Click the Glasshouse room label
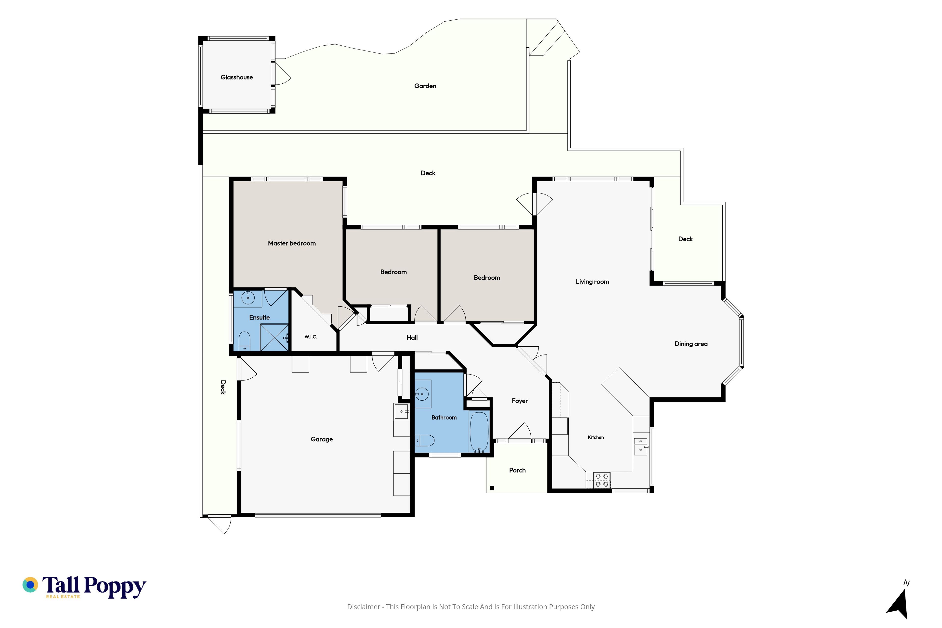[x=237, y=77]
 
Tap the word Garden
[x=425, y=86]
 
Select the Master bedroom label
[x=292, y=243]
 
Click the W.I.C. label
[x=311, y=337]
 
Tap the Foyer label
[x=520, y=401]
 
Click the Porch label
[x=517, y=470]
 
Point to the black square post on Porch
[x=492, y=488]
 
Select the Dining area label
[x=691, y=344]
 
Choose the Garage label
[x=322, y=439]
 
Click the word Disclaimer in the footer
[x=364, y=607]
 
